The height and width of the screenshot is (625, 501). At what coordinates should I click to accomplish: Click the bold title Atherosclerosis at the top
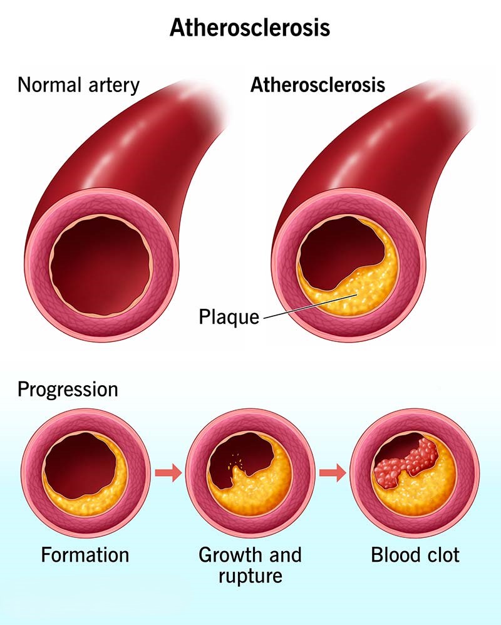(x=250, y=28)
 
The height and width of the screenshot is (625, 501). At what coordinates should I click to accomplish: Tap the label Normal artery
(x=78, y=85)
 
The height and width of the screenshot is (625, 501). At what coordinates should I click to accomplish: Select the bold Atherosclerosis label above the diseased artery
(x=318, y=85)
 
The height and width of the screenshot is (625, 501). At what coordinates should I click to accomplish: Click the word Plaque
(x=229, y=317)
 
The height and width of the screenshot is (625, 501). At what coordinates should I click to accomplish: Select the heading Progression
(x=68, y=390)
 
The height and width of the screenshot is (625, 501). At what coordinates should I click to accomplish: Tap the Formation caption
(x=85, y=555)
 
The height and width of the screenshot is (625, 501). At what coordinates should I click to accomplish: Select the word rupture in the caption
(x=250, y=575)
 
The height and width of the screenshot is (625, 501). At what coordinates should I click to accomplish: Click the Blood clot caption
(x=415, y=555)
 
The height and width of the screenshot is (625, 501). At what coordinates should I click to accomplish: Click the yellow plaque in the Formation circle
(x=100, y=495)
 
